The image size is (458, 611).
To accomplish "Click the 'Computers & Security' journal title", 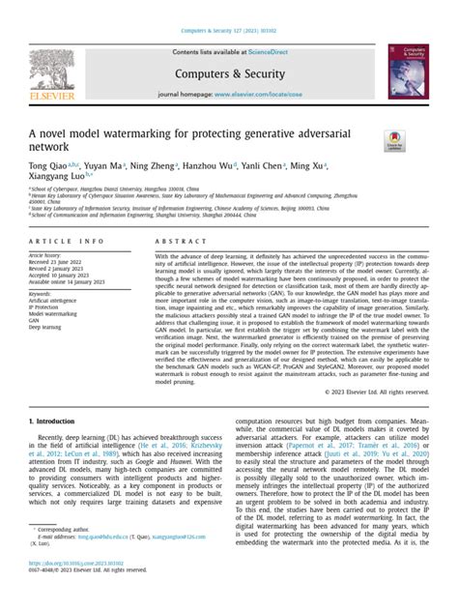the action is (x=228, y=71).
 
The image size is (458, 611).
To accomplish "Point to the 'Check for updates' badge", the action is (x=394, y=140).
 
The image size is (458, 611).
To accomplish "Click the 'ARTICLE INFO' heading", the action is (x=66, y=240).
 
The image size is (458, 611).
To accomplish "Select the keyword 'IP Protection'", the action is (x=46, y=306).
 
